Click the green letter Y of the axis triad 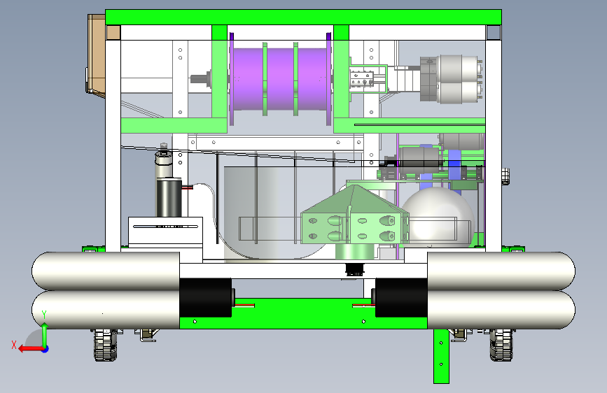44,315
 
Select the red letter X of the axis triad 14,345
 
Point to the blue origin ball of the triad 46,349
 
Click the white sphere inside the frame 438,217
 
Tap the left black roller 206,297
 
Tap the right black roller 401,297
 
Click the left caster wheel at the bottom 105,345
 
